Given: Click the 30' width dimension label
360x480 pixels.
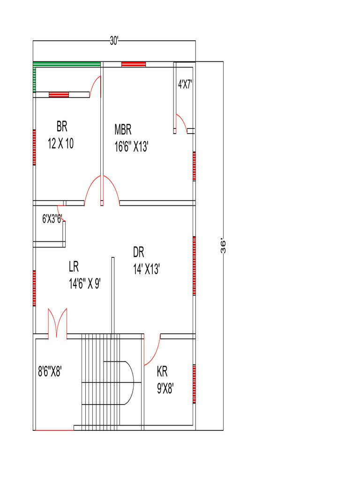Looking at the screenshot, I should (114, 41).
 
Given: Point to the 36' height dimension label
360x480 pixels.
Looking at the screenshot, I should (224, 247).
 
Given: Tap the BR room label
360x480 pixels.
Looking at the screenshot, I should (62, 126).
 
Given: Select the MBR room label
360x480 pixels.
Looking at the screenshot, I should (123, 129).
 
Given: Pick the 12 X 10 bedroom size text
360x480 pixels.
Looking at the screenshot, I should (61, 144).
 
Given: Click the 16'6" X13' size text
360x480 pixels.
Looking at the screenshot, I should (131, 147).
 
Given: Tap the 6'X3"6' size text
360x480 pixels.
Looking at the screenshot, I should (52, 218).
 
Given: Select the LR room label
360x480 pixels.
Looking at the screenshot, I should (74, 267).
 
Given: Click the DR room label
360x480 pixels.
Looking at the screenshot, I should (138, 253).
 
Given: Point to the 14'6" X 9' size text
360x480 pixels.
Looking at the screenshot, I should (84, 284).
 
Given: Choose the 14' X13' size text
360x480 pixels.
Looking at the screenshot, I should (147, 270).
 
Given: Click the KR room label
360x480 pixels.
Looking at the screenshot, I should (162, 372).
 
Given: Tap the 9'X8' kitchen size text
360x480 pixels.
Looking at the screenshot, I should (165, 389).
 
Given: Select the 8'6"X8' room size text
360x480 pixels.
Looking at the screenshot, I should (50, 372).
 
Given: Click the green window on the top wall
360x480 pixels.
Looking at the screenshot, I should (67, 64).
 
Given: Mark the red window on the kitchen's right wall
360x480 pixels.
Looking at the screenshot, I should (194, 383).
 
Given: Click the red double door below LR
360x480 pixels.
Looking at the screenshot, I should (57, 323).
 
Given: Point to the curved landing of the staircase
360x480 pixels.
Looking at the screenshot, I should (128, 382).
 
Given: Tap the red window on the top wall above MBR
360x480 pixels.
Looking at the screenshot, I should (134, 64).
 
